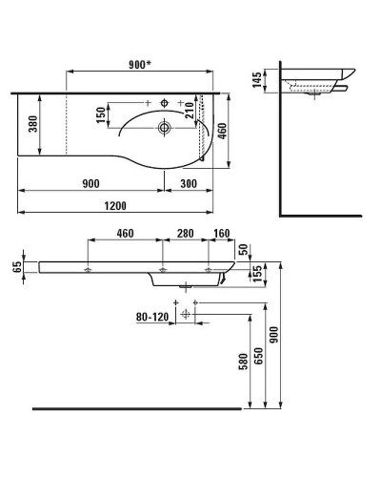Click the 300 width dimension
[190, 184]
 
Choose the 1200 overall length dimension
[116, 205]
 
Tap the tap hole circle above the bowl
[165, 102]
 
